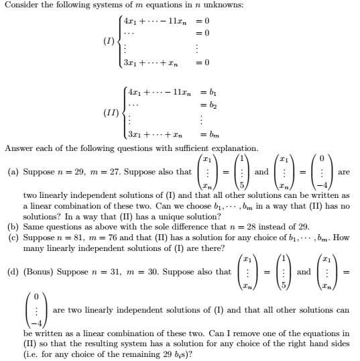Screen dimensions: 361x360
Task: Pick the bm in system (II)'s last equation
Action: click(199, 136)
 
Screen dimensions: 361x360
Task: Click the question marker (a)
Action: click(13, 172)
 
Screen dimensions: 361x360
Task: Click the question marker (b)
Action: click(13, 227)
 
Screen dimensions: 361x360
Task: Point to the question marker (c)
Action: click(13, 238)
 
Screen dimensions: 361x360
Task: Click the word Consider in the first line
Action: click(20, 6)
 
